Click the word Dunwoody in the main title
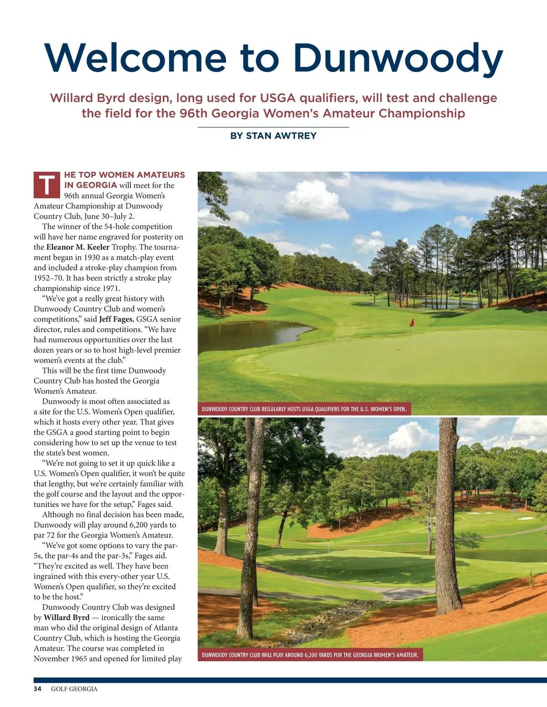tap(397, 58)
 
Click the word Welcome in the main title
tap(135, 57)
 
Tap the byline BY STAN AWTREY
tap(273, 136)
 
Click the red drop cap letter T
tap(46, 185)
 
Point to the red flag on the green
tap(412, 322)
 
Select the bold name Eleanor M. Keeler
tap(78, 247)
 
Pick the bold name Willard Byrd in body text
tap(67, 617)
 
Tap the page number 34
tap(37, 689)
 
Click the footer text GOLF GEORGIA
tap(74, 689)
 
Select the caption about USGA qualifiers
tap(304, 409)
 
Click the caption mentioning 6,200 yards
tap(310, 655)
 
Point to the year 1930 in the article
tap(92, 258)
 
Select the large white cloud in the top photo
tap(310, 201)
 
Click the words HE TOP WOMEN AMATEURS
tap(124, 175)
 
